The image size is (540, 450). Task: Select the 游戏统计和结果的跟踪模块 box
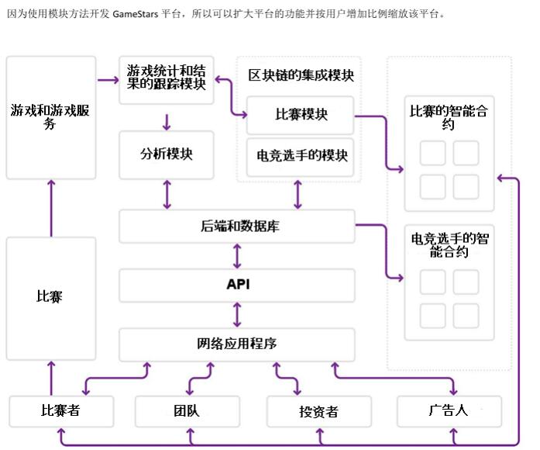[167, 78]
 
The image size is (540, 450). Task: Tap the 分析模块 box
[167, 154]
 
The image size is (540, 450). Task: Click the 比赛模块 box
[301, 114]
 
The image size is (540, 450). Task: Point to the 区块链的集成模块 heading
[301, 75]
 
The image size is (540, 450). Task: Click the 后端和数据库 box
[236, 227]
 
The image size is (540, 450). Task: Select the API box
[237, 285]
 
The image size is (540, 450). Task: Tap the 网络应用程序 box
[236, 343]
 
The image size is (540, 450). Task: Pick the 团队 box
[186, 411]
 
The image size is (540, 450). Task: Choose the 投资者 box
[318, 411]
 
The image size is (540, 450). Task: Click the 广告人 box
[449, 410]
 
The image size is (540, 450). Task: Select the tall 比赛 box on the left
[51, 297]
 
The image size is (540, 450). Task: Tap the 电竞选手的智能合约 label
[449, 244]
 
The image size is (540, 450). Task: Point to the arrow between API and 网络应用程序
[237, 314]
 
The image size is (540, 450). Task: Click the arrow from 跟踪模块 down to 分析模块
[167, 122]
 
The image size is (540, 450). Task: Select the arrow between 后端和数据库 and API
[237, 255]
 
